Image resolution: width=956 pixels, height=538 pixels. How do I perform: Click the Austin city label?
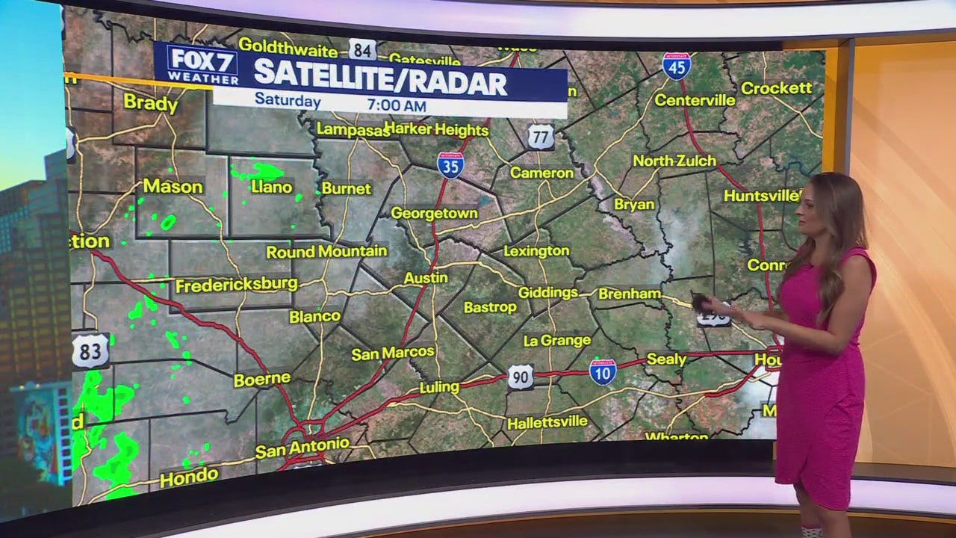[x=426, y=278]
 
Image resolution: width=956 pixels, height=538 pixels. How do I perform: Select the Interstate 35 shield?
[x=450, y=164]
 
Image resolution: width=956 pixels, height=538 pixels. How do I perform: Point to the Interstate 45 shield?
[x=676, y=66]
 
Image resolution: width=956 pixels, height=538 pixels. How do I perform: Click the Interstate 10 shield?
[x=603, y=371]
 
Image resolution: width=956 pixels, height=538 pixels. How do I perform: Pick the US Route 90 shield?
[x=521, y=377]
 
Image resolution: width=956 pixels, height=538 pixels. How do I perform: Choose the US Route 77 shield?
[x=540, y=137]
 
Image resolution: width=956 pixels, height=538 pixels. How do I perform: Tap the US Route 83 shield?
[x=90, y=350]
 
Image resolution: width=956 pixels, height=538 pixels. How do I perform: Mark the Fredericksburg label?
[x=236, y=285]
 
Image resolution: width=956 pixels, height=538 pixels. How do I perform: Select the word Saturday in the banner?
[x=288, y=100]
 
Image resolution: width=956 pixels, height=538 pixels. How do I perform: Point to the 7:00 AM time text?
[x=397, y=105]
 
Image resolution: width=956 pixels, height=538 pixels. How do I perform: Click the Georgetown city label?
[x=434, y=213]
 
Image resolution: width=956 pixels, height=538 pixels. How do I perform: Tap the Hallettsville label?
[x=547, y=423]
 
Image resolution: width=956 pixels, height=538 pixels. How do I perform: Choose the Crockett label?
[x=776, y=88]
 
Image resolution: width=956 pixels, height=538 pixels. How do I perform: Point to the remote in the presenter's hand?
[x=701, y=302]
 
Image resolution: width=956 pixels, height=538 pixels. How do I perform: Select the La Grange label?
[x=557, y=341]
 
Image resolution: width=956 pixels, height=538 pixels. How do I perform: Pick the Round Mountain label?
[x=326, y=252]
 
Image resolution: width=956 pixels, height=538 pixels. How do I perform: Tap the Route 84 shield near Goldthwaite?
[x=362, y=50]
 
